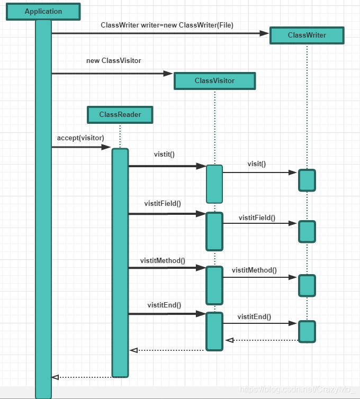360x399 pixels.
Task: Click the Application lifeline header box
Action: click(43, 12)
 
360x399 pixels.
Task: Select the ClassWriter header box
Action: click(307, 35)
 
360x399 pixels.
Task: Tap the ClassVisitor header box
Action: click(214, 81)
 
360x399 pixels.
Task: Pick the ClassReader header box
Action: click(120, 115)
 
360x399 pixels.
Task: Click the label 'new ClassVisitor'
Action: click(114, 61)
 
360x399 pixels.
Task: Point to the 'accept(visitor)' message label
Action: click(80, 138)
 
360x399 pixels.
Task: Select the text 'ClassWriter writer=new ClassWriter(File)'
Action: click(167, 25)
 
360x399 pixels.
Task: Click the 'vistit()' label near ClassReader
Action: click(164, 155)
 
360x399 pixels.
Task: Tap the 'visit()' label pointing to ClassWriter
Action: click(256, 164)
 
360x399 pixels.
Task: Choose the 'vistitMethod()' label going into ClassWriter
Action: click(254, 270)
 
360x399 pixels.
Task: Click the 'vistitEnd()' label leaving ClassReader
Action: click(164, 305)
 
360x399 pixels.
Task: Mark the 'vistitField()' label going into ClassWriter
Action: click(257, 217)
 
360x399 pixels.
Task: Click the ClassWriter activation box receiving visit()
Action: click(307, 180)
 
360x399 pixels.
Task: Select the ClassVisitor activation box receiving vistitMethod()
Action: click(214, 285)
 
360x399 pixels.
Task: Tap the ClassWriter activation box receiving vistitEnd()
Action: click(307, 331)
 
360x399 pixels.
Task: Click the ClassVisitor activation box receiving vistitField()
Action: click(214, 231)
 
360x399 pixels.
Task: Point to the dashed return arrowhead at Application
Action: click(55, 377)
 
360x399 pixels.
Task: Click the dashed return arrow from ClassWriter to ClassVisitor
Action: click(262, 340)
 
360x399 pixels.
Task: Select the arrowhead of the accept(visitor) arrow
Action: click(107, 148)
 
